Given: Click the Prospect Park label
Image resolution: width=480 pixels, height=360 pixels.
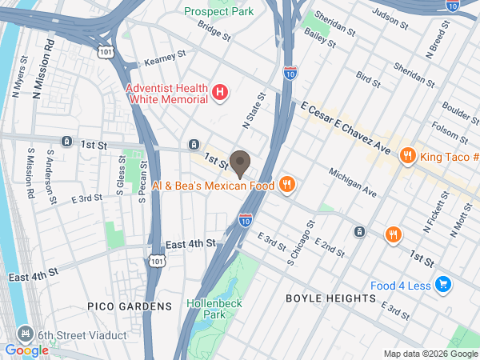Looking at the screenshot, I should (218, 11).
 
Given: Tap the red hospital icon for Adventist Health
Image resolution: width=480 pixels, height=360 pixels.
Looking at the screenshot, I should (221, 94).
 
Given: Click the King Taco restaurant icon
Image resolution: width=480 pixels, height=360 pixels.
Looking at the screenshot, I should (407, 156).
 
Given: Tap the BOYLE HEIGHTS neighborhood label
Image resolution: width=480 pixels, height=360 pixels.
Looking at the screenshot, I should (330, 298).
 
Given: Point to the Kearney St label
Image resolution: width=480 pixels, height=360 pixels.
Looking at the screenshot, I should (164, 58).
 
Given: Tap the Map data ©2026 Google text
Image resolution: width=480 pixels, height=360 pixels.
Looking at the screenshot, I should (430, 354).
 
